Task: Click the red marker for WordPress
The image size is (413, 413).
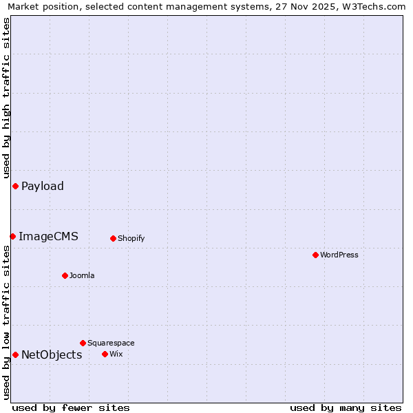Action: [x=315, y=255]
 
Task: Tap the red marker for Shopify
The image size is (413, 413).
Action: [x=113, y=238]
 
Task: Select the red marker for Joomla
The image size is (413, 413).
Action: [x=65, y=275]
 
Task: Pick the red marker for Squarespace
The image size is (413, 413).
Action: [x=83, y=343]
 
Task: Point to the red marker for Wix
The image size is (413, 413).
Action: [x=105, y=354]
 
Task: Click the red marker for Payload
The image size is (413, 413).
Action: [x=15, y=186]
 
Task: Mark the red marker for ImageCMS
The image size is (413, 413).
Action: [x=12, y=236]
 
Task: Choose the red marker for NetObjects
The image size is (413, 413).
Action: [x=15, y=354]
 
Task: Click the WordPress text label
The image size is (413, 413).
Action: [x=339, y=255]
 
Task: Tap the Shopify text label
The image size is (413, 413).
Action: [x=131, y=238]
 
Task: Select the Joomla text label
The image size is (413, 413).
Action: [x=82, y=275]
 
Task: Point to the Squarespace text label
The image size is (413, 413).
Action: [x=111, y=343]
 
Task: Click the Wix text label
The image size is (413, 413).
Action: [x=116, y=354]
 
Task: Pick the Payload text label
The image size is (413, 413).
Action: [x=43, y=186]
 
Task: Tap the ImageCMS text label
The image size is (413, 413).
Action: [x=48, y=236]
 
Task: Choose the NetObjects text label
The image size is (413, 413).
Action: [x=52, y=354]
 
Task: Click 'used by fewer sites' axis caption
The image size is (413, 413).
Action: [x=71, y=407]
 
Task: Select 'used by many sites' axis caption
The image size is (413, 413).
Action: [x=346, y=407]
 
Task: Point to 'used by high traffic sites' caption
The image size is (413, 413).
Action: [x=7, y=98]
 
